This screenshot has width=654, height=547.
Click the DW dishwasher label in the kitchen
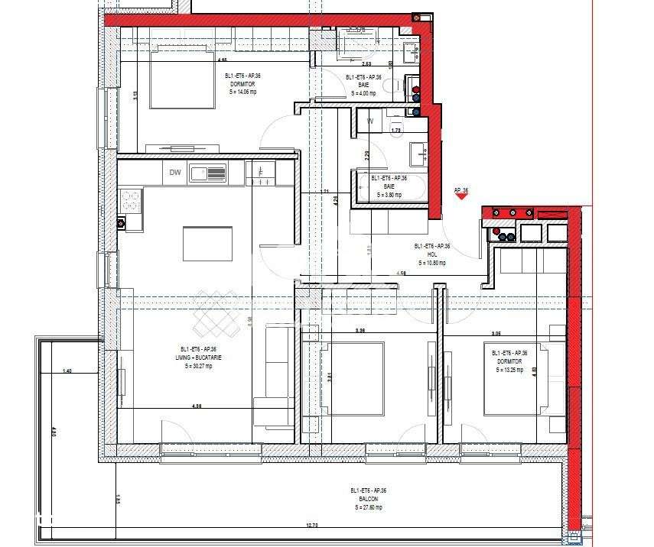pos(175,173)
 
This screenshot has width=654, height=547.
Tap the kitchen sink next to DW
pos(208,173)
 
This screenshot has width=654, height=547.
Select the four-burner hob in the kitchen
pos(131,201)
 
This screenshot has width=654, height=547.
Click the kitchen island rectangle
pos(208,244)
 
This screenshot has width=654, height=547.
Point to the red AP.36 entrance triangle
pos(460,196)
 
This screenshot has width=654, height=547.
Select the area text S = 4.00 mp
pos(363,93)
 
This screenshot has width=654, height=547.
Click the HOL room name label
pos(431,254)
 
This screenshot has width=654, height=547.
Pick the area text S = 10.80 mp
pos(432,263)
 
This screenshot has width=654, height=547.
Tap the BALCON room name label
pos(368,499)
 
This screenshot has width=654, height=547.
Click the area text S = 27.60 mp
pos(368,507)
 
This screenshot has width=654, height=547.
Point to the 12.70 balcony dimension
pos(311,525)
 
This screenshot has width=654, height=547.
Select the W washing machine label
pos(370,121)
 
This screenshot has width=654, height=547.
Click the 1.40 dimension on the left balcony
pos(67,371)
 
